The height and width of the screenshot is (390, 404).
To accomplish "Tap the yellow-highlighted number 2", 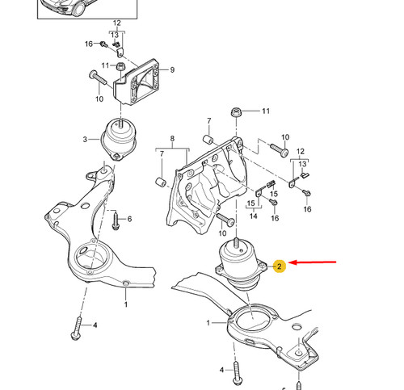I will (279, 265).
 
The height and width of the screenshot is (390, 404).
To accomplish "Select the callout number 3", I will (84, 140).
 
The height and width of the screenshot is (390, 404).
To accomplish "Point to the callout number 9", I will (171, 70).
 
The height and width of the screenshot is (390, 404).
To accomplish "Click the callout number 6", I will (129, 219).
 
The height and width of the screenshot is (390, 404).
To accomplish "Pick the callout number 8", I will (171, 140).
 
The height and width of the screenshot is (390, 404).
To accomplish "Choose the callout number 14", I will (254, 216).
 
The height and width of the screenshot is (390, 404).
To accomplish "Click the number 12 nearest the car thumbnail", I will (116, 25).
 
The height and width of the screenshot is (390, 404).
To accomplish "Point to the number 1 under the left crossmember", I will (125, 305).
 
